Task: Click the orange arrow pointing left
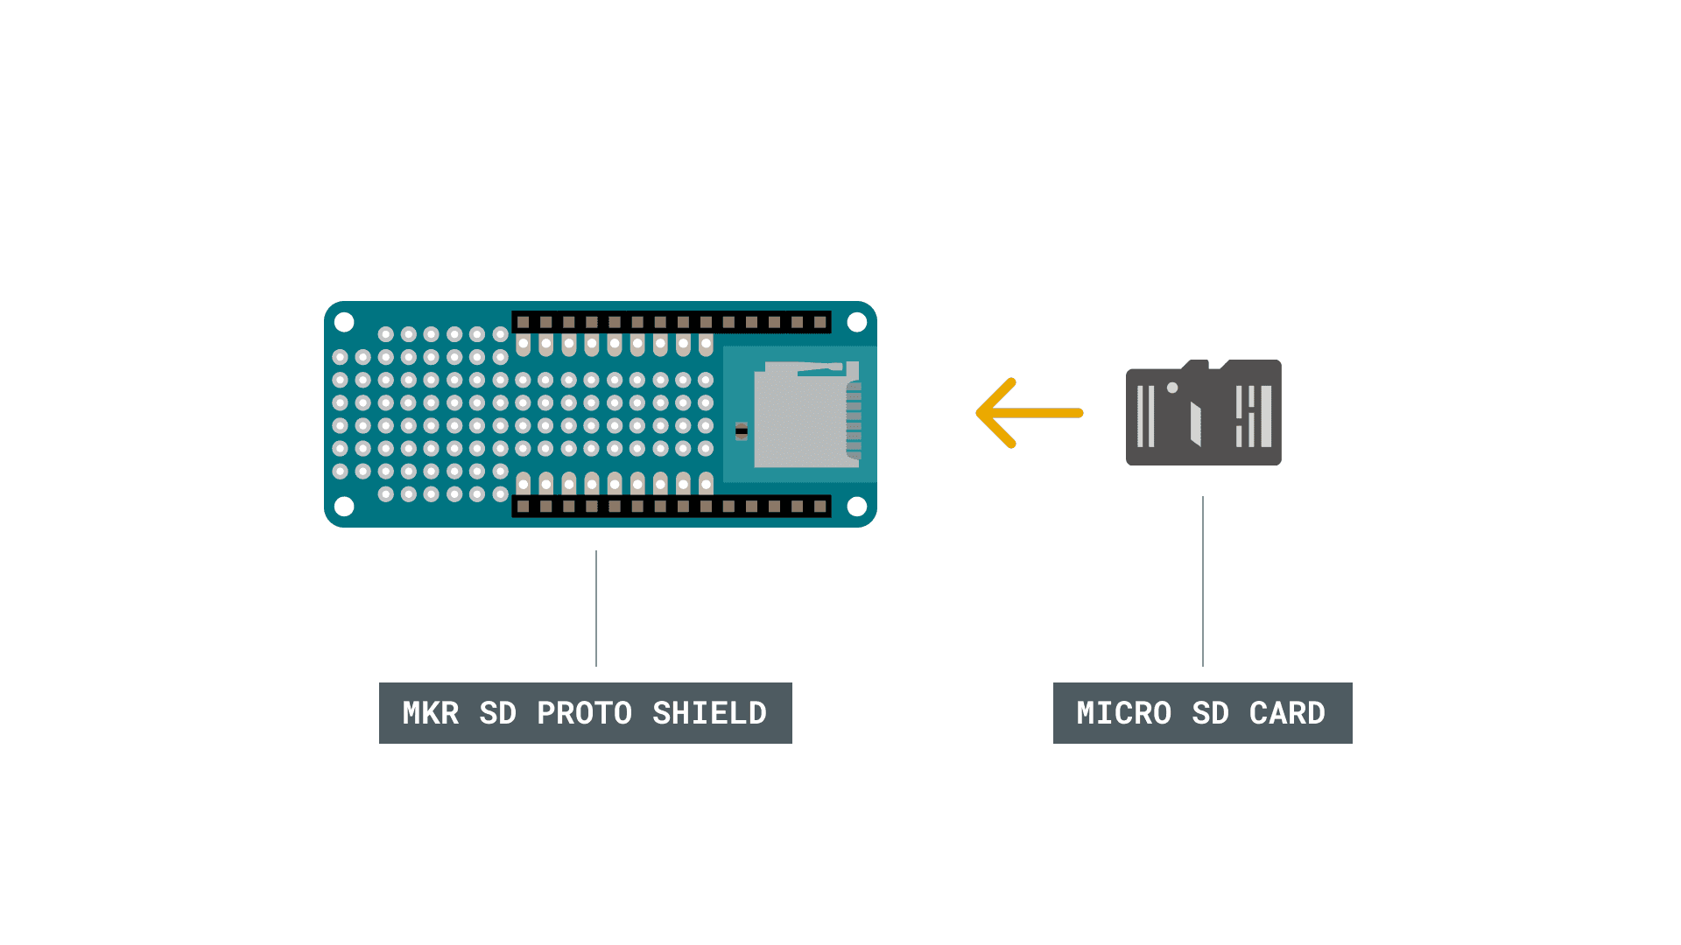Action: [1030, 413]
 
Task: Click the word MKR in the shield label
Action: [430, 713]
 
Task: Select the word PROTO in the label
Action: [584, 713]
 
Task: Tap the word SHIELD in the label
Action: [709, 713]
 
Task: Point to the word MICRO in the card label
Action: [1123, 713]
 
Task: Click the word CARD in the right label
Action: [1287, 713]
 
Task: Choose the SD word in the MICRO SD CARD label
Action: [1210, 713]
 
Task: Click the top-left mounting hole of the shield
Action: [344, 322]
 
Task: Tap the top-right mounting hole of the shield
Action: [857, 322]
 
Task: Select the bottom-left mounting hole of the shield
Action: [344, 507]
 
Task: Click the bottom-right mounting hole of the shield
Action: [857, 507]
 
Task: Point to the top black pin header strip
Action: [671, 322]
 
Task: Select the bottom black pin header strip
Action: [671, 507]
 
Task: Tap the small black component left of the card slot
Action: [742, 430]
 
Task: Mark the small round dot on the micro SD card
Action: [1172, 388]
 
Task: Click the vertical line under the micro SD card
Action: [1203, 582]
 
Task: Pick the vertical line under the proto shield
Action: [596, 608]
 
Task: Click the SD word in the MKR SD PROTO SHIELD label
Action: [497, 713]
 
